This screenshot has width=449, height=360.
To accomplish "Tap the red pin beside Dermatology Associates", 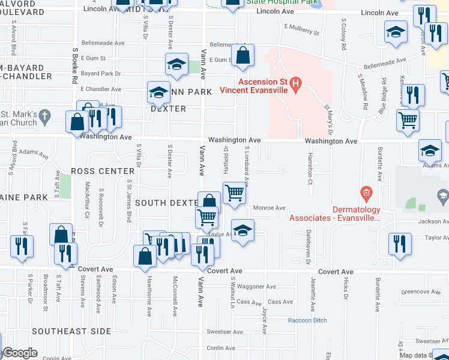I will click(366, 193).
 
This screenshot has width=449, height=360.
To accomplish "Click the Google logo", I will click(19, 353).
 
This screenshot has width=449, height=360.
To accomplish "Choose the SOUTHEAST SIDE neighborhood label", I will click(71, 331).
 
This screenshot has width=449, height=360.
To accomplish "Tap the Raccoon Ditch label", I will click(307, 320).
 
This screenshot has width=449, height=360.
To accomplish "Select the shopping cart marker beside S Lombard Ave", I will click(234, 193).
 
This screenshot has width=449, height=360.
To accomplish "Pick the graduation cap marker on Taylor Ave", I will click(242, 230).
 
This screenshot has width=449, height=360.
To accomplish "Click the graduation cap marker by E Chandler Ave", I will click(158, 92).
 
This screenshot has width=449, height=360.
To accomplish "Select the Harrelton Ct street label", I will click(310, 168).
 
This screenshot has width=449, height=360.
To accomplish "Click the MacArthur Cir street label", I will click(87, 203).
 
